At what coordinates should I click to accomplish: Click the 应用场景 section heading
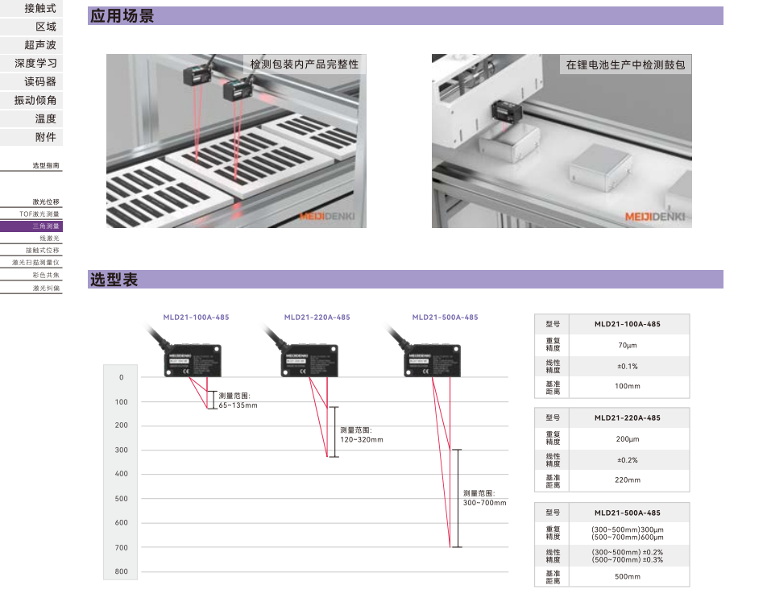click(122, 16)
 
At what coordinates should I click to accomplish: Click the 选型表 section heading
click(114, 280)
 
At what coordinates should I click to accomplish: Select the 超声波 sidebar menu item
click(40, 45)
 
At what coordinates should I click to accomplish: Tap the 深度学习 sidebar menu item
click(35, 63)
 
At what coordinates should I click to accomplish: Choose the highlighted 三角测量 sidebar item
click(46, 226)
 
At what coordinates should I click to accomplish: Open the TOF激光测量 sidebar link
click(39, 214)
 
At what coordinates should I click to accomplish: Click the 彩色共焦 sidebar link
click(46, 275)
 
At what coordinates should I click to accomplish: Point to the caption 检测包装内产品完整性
click(305, 64)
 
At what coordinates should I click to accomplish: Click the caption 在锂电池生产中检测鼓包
click(625, 64)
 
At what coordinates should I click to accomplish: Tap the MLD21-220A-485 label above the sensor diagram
click(317, 318)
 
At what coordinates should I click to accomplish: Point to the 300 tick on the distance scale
click(122, 450)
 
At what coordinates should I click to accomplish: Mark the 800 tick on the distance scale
click(122, 571)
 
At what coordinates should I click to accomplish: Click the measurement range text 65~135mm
click(238, 405)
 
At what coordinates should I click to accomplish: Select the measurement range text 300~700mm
click(485, 503)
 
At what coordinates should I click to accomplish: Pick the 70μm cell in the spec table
click(628, 345)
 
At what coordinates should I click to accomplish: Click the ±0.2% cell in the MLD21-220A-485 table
click(628, 460)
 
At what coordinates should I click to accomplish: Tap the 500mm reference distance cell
click(628, 576)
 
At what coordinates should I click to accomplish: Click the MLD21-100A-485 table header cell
click(628, 324)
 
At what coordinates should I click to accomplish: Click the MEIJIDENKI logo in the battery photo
click(655, 216)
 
